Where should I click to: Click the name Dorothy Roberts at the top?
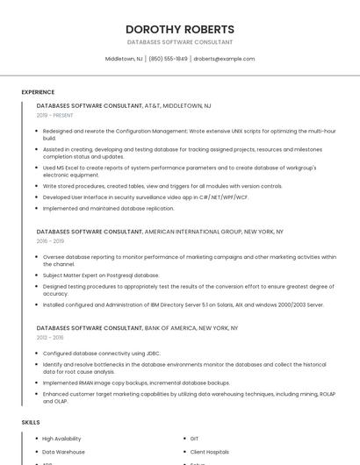[x=180, y=29]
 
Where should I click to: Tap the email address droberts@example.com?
[x=224, y=59]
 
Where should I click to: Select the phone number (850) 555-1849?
[x=168, y=59]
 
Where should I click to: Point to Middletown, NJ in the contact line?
[x=124, y=59]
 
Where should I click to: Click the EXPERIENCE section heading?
[x=38, y=92]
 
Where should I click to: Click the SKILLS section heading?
[x=31, y=422]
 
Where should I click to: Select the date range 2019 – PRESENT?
[x=55, y=115]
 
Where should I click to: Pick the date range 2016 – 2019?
[x=50, y=240]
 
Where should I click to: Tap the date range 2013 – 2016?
[x=50, y=337]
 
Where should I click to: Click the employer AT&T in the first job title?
[x=153, y=105]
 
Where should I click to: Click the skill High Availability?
[x=61, y=438]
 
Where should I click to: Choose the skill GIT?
[x=194, y=438]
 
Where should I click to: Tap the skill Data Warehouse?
[x=63, y=451]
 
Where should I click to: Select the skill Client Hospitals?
[x=209, y=451]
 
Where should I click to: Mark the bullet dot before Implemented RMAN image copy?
[x=37, y=383]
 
